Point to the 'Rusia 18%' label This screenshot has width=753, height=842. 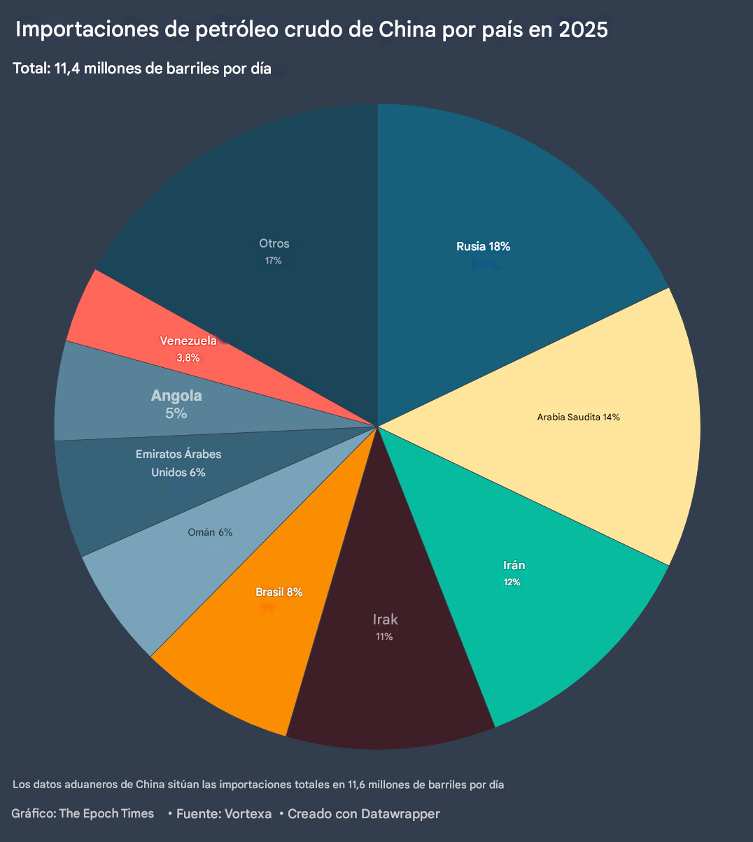(483, 246)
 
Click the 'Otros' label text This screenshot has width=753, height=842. (274, 243)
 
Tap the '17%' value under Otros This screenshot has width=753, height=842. (273, 261)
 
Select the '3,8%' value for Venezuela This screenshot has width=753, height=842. (188, 357)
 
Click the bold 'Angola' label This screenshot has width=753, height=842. (176, 395)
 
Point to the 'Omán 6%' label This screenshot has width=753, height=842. (210, 532)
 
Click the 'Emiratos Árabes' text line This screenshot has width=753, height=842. (178, 454)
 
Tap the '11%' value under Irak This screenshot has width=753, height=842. (384, 636)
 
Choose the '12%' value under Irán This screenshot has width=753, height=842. (512, 582)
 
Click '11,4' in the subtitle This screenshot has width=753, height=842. (67, 69)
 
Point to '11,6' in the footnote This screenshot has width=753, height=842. (359, 785)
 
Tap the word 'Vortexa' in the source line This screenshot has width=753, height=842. (248, 814)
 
